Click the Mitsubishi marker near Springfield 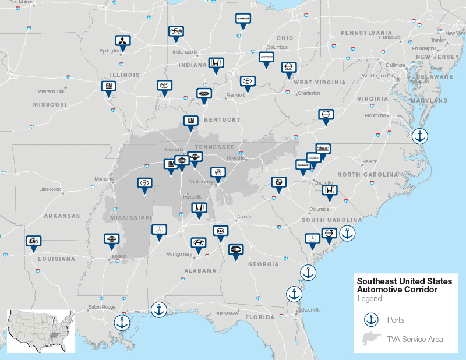[123, 41]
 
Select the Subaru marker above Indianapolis [175, 32]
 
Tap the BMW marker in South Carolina [279, 182]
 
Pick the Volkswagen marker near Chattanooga [217, 173]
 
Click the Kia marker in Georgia [221, 231]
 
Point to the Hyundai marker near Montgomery [199, 243]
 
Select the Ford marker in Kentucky [203, 94]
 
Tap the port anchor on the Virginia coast [419, 137]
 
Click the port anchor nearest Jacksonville [294, 294]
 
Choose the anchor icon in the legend [369, 320]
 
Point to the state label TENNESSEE [214, 147]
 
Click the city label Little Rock [50, 189]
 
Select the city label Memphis [104, 179]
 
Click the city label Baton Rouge [99, 306]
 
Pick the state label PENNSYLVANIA [366, 33]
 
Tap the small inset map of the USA [41, 331]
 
